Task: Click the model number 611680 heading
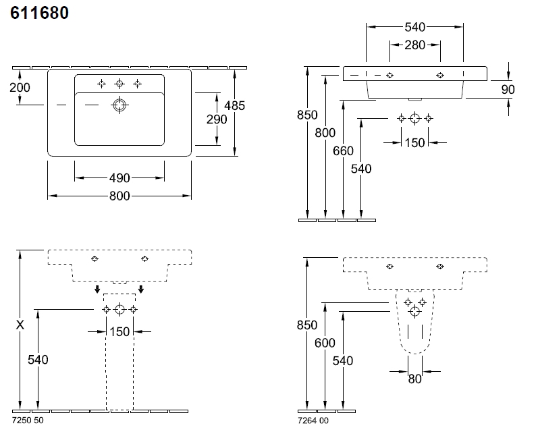tap(39, 13)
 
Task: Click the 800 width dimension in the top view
tap(119, 196)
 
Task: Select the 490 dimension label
tap(119, 178)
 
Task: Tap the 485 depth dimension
tap(234, 105)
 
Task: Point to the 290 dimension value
tap(217, 119)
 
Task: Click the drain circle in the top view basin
tap(119, 105)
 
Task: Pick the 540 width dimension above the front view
tap(414, 27)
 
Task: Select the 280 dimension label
tap(414, 45)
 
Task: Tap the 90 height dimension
tap(508, 89)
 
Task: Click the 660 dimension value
tap(343, 151)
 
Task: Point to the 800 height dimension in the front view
tap(325, 133)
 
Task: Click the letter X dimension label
tap(20, 325)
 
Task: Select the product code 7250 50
tap(28, 421)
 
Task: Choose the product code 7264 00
tap(313, 421)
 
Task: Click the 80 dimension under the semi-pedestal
tap(414, 379)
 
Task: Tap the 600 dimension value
tap(325, 343)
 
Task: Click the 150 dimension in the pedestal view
tap(119, 331)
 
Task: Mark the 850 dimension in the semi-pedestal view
tap(306, 325)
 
